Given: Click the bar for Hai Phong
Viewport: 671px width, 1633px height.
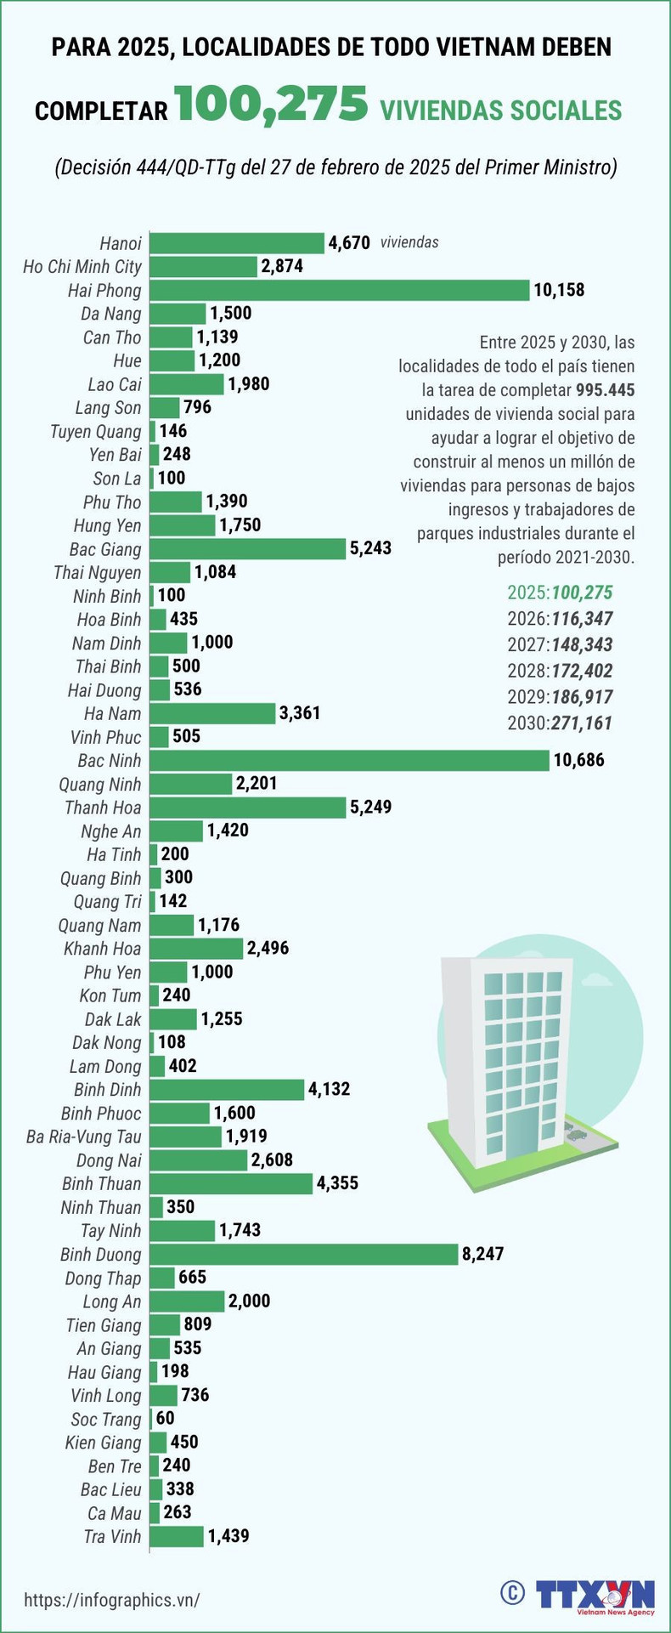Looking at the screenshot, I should (340, 291).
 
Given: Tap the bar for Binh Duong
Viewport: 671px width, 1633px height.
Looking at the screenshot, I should (304, 1254).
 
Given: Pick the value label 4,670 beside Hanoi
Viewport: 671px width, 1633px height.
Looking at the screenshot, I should (350, 243).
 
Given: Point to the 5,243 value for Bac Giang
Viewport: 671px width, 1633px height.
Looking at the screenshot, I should (370, 548).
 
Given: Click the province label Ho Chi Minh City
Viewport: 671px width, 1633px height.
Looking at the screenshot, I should (82, 267).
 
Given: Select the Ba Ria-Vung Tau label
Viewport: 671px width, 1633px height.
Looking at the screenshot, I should (84, 1137).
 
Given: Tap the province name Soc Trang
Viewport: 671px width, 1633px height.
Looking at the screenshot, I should (106, 1419).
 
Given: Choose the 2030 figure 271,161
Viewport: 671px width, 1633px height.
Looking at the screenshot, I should (582, 723).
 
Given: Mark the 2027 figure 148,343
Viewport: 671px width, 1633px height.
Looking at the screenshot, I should (582, 645).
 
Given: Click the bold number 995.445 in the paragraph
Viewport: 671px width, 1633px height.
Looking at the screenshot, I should (605, 390).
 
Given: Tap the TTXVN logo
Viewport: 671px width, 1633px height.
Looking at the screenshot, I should (595, 1594).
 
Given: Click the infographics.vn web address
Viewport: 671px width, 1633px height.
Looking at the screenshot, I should (112, 1600).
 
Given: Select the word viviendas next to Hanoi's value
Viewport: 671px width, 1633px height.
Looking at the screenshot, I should (409, 242).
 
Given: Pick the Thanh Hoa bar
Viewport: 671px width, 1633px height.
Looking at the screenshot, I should (248, 808).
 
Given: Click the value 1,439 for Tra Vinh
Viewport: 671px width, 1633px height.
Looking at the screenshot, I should (228, 1536).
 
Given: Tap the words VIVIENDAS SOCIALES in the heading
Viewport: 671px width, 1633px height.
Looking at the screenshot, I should (501, 111).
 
